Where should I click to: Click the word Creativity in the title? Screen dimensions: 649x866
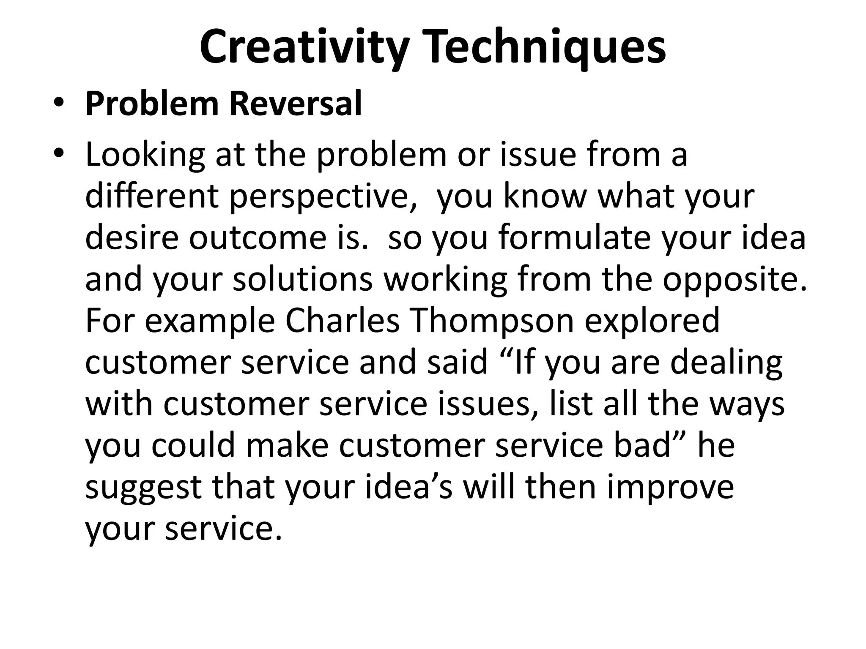(x=304, y=47)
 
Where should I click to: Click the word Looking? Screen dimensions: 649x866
(x=145, y=155)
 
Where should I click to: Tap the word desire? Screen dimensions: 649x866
(x=132, y=238)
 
